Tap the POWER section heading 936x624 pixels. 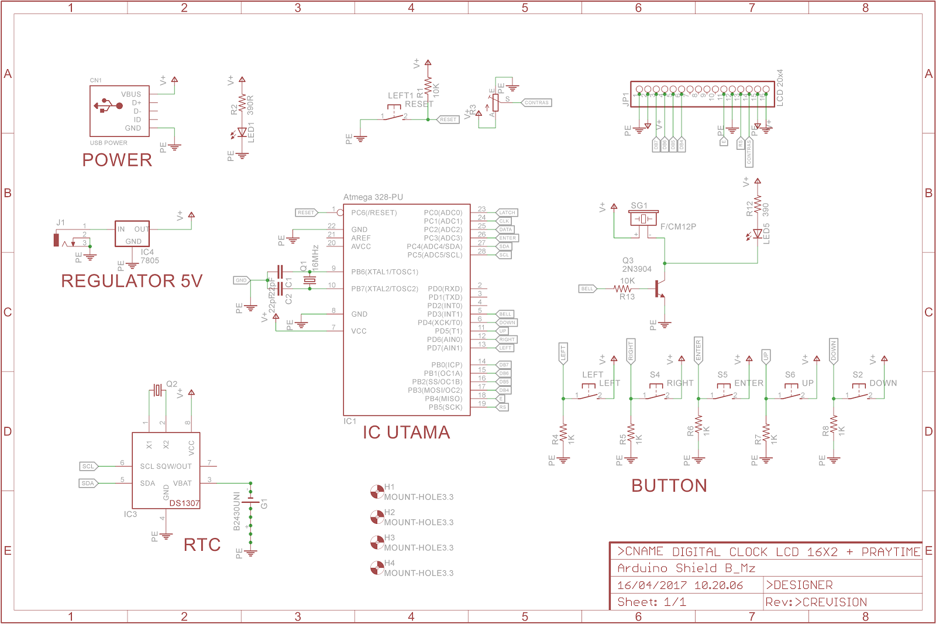[x=117, y=160]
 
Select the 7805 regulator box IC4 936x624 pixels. [x=132, y=234]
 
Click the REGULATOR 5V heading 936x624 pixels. [x=132, y=281]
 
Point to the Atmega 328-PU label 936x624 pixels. [x=373, y=197]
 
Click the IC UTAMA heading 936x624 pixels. [x=406, y=433]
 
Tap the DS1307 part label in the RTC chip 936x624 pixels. [x=184, y=503]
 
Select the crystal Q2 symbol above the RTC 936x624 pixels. [x=157, y=390]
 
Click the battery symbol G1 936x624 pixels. [x=250, y=502]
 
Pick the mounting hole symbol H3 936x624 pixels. [x=377, y=542]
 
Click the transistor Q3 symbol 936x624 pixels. [x=660, y=288]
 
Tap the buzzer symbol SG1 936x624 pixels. [x=643, y=218]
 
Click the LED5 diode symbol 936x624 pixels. [x=758, y=234]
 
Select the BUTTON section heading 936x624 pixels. [x=669, y=486]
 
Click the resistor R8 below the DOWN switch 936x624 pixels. [x=834, y=426]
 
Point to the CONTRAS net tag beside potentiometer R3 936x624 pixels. [x=536, y=102]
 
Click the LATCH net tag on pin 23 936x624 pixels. [x=507, y=212]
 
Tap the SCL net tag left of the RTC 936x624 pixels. [x=88, y=467]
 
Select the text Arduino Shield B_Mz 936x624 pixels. [x=686, y=568]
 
